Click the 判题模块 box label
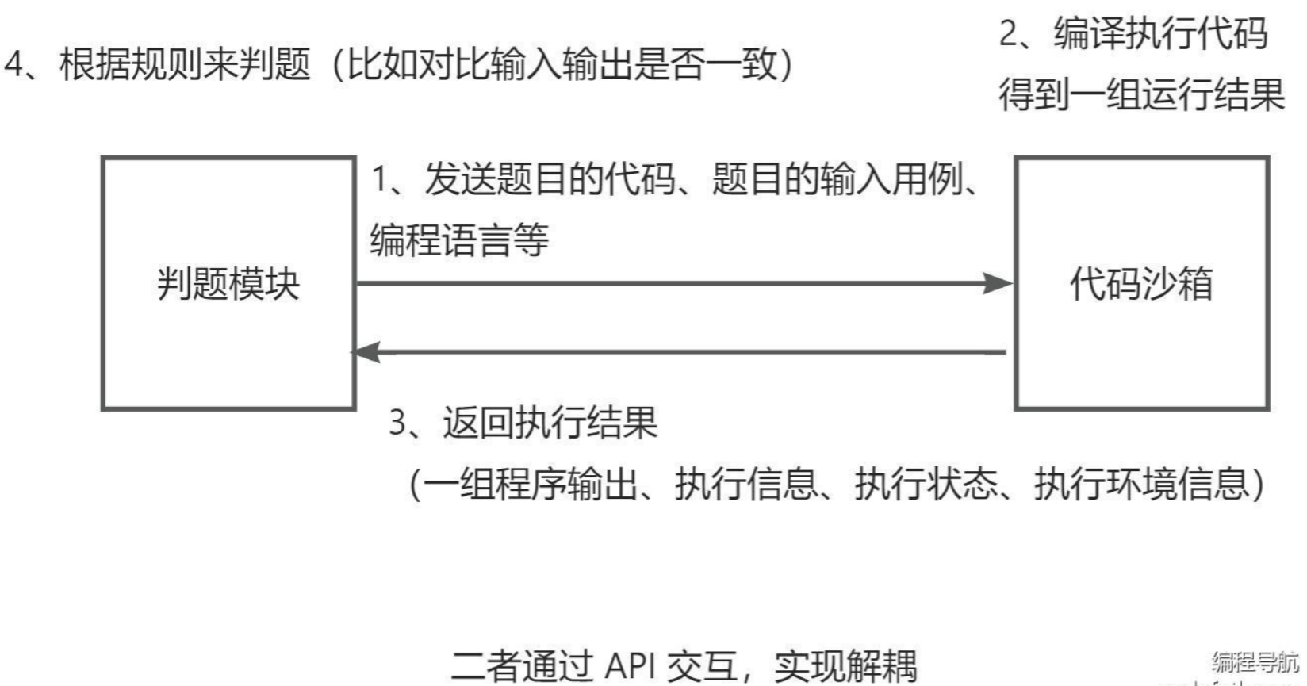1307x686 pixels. click(x=228, y=284)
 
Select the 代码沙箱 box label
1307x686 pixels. click(x=1141, y=284)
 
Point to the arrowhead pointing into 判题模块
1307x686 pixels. click(x=367, y=352)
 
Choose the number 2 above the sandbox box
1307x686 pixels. click(x=1008, y=34)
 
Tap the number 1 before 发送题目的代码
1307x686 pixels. click(x=381, y=179)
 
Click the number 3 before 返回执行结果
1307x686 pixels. click(x=398, y=423)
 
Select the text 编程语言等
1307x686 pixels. click(x=459, y=240)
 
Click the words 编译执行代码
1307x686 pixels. click(x=1160, y=34)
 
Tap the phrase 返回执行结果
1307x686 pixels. click(x=550, y=423)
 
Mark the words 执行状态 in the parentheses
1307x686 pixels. click(x=926, y=483)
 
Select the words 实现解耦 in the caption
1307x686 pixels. click(x=845, y=665)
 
